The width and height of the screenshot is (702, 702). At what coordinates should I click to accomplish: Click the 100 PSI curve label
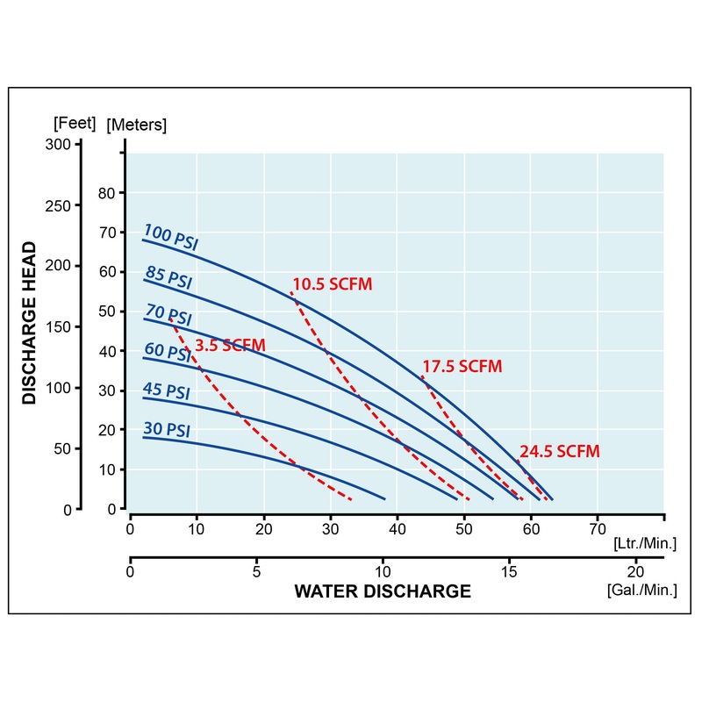[x=170, y=239]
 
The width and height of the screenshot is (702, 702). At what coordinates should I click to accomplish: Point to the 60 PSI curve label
[x=167, y=352]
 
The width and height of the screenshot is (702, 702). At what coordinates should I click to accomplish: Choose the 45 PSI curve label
[x=166, y=391]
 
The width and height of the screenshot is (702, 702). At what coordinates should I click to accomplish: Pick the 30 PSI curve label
[x=166, y=430]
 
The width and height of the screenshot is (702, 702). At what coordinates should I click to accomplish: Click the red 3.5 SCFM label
[x=230, y=346]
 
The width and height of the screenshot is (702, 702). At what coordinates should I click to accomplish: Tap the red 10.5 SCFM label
[x=333, y=284]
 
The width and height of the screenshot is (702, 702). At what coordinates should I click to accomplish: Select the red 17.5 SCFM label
[x=462, y=367]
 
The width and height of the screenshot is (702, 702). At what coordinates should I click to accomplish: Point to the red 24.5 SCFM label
[x=560, y=452]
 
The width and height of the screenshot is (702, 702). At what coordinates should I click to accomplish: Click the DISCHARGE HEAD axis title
[x=30, y=322]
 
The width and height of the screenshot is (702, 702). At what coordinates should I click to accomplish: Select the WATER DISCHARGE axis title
[x=383, y=591]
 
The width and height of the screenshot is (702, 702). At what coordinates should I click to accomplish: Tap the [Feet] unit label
[x=75, y=122]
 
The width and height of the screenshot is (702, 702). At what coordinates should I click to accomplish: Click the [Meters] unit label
[x=136, y=125]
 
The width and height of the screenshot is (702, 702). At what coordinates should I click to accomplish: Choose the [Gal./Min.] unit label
[x=641, y=590]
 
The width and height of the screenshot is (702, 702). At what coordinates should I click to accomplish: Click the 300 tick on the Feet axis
[x=58, y=145]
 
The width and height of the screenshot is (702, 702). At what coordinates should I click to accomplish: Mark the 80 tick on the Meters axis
[x=107, y=192]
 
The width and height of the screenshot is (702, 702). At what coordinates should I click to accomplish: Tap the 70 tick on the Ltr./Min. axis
[x=598, y=529]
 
